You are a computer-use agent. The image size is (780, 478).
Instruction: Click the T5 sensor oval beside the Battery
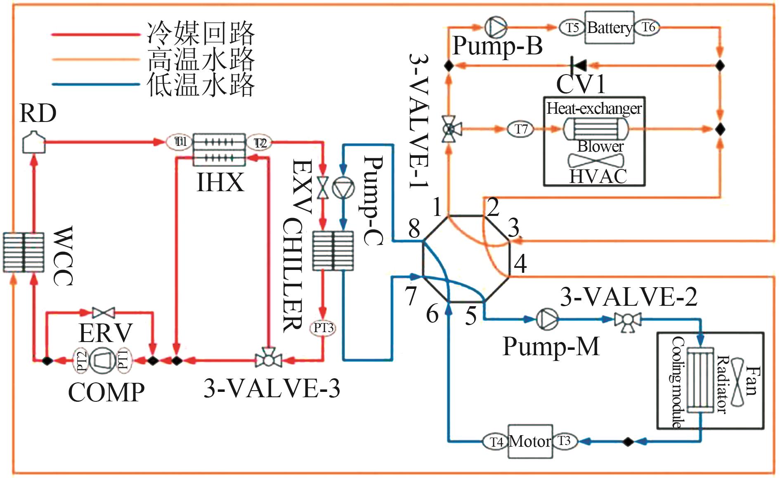point(572,28)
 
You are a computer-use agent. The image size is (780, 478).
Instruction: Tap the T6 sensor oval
point(648,27)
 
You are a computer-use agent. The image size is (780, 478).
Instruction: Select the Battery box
point(610,28)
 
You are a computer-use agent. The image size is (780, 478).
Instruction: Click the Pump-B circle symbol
point(495,27)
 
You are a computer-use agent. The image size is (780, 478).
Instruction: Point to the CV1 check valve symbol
point(578,65)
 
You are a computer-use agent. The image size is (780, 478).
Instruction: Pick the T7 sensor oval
point(521,129)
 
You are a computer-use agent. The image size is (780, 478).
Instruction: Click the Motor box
point(530,441)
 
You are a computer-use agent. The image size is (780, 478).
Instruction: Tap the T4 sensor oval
point(496,442)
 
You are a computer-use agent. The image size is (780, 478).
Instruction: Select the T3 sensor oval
point(565,441)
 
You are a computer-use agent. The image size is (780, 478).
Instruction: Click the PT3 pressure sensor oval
point(323,328)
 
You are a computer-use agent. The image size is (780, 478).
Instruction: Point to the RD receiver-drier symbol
point(33,141)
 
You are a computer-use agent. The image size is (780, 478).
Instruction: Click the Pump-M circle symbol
point(547,319)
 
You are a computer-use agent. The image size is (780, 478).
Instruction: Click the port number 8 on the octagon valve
point(414,228)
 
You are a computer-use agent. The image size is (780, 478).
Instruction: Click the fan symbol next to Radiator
point(737,381)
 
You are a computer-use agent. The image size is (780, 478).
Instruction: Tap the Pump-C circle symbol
point(343,189)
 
